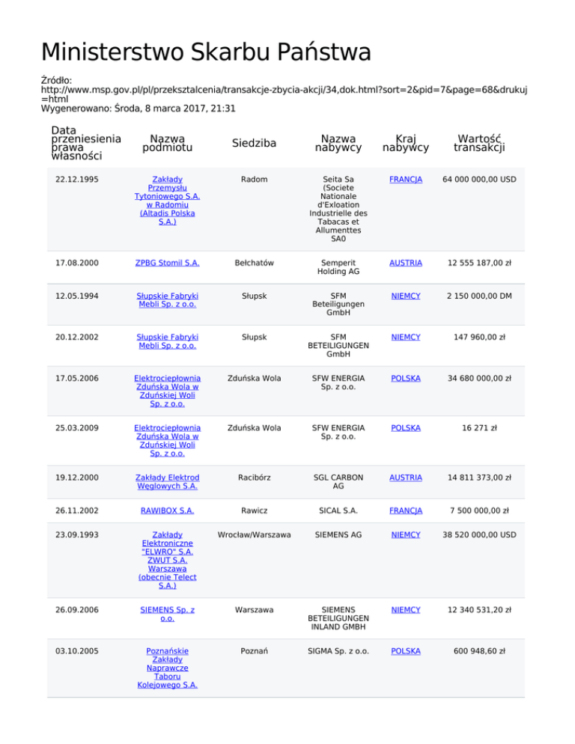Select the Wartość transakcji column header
(480, 142)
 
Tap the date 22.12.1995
(78, 180)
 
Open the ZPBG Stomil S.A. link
(167, 262)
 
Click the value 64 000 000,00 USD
(480, 180)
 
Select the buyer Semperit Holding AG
(338, 266)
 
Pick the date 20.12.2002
(78, 337)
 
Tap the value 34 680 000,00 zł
(480, 378)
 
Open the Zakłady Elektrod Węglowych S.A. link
(167, 482)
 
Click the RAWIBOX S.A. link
(167, 510)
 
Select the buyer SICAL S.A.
(338, 510)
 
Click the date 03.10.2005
(78, 651)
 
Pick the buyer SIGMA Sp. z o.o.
(338, 651)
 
